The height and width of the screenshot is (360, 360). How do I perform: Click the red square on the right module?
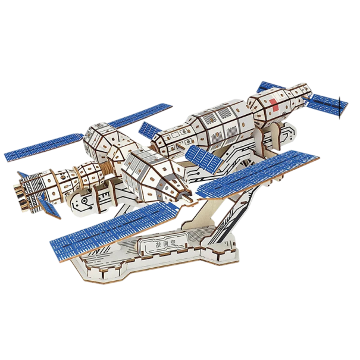coord(274,102)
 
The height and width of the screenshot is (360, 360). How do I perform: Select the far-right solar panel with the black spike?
coord(326,107)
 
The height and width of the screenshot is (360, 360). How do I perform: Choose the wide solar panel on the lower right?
coord(256,174)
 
